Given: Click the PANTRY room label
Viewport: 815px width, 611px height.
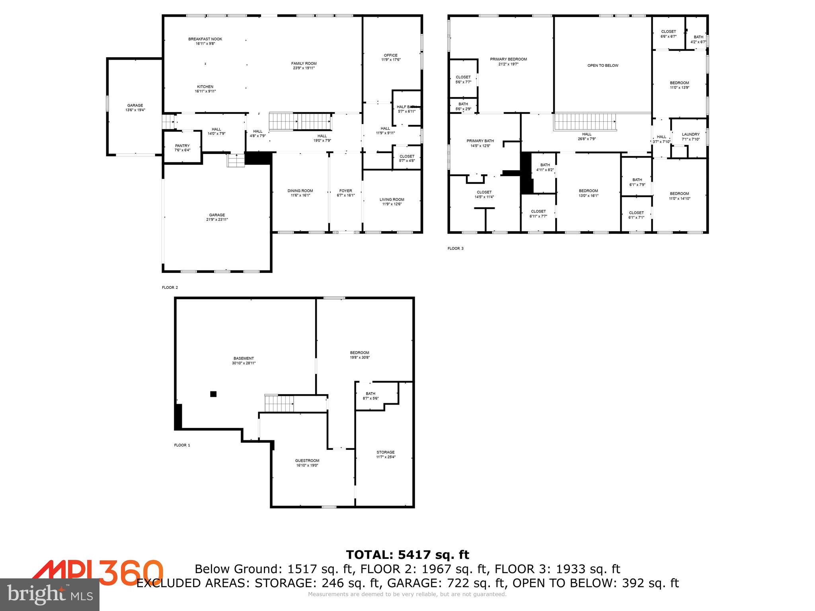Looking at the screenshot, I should click(x=182, y=146).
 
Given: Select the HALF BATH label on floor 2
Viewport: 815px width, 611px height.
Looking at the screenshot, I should click(x=406, y=107).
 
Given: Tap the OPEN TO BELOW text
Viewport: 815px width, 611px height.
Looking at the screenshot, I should click(x=603, y=65).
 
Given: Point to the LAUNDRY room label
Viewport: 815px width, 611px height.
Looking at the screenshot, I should click(x=690, y=134).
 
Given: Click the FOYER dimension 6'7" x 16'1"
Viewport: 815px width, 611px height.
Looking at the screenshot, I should click(x=345, y=195).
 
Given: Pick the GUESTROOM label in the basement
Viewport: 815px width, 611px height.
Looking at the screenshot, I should click(x=307, y=461).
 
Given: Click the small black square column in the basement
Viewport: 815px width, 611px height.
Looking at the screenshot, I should click(x=213, y=394).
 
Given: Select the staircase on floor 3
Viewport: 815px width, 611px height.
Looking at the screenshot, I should click(x=585, y=122).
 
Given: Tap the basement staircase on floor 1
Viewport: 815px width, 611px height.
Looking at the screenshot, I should click(x=279, y=404).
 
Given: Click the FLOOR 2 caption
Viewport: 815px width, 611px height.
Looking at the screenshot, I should click(x=170, y=287).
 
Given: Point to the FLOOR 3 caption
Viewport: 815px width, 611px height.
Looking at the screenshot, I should click(x=456, y=248).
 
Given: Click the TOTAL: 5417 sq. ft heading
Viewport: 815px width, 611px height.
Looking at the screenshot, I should click(x=407, y=555).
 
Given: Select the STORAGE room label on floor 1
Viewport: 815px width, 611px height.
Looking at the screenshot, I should click(x=386, y=452).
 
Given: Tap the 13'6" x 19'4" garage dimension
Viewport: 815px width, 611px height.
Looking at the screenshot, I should click(x=135, y=110).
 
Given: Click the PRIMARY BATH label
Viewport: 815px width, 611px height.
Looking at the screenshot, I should click(x=480, y=141).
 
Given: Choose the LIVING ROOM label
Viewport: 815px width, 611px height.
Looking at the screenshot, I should click(x=392, y=200).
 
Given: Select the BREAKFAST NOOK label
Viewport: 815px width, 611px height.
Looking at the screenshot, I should click(x=205, y=39).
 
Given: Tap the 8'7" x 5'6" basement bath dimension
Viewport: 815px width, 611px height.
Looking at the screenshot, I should click(x=370, y=398).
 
